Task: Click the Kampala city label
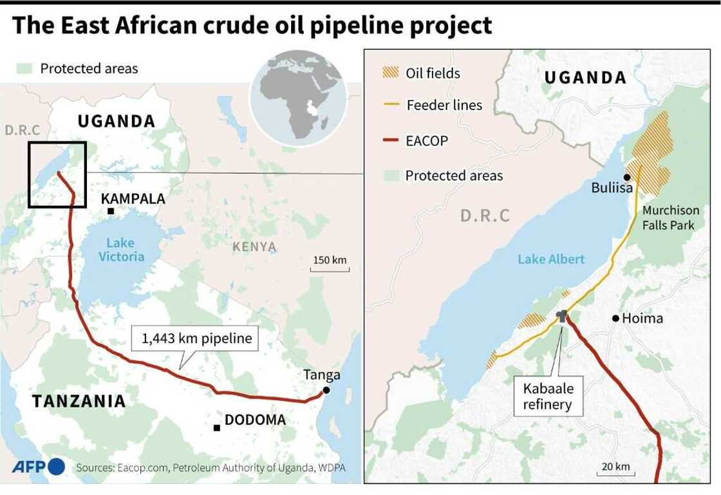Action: click(x=133, y=199)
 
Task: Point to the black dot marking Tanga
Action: click(x=326, y=391)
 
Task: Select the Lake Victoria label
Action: click(x=121, y=249)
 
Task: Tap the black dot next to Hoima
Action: click(x=615, y=318)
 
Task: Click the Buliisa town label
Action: click(x=612, y=188)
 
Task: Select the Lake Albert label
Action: click(x=551, y=259)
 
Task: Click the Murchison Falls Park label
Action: click(x=669, y=218)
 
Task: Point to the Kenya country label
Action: click(x=254, y=247)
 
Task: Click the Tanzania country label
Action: click(x=79, y=401)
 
